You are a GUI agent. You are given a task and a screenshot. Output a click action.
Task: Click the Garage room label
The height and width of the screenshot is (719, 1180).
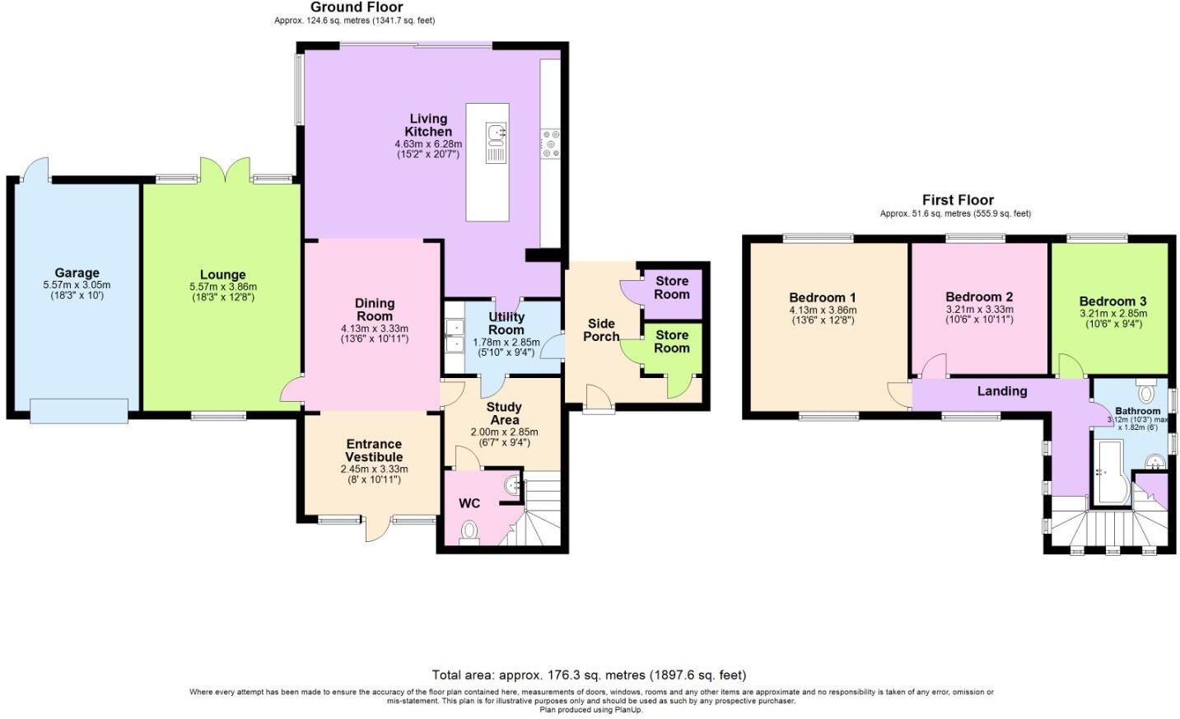point(77,273)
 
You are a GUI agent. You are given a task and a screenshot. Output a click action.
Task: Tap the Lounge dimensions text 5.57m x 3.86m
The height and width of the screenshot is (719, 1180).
point(222,287)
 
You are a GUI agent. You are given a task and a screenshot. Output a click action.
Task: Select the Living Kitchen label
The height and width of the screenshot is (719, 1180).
point(428,125)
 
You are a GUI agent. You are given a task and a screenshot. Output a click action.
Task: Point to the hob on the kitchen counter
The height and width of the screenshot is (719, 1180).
point(550,143)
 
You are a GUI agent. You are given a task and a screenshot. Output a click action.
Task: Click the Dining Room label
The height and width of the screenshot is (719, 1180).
point(374,310)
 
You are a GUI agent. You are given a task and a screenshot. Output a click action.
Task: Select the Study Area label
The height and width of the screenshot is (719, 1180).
point(504,413)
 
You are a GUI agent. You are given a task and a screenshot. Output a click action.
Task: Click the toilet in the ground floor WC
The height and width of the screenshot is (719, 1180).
point(470,530)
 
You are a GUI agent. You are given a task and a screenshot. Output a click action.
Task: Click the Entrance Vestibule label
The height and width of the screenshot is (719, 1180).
point(374,451)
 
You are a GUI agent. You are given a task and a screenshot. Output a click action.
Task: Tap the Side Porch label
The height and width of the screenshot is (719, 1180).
point(601,329)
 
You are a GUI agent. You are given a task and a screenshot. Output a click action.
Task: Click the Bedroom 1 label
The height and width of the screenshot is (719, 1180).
point(823,297)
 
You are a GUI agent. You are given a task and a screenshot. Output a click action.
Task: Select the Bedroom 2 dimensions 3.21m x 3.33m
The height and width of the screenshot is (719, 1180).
point(979,310)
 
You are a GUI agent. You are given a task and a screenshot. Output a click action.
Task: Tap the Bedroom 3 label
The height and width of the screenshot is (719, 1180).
point(1112,301)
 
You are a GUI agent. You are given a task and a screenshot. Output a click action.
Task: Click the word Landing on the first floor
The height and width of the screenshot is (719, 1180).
point(1002,391)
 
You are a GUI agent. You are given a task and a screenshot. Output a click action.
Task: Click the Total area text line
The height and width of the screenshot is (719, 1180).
point(590,675)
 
